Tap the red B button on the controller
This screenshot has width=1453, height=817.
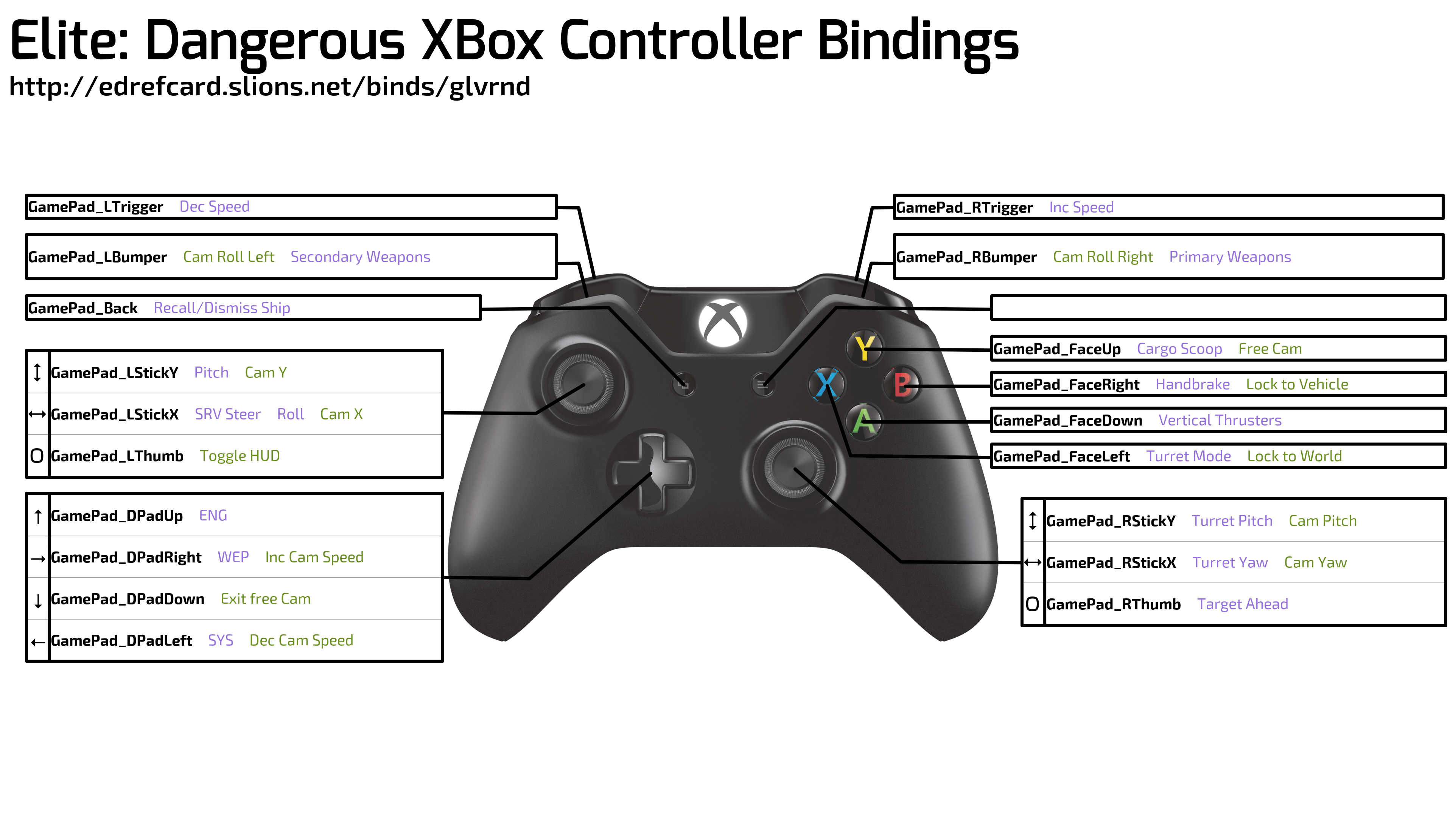pyautogui.click(x=902, y=385)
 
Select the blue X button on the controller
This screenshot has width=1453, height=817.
pyautogui.click(x=826, y=385)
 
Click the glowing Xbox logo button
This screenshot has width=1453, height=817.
pyautogui.click(x=723, y=323)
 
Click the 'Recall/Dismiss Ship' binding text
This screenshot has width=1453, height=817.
pyautogui.click(x=222, y=308)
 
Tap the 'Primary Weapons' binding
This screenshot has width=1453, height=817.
pyautogui.click(x=1230, y=257)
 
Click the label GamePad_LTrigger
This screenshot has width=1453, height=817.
pyautogui.click(x=95, y=207)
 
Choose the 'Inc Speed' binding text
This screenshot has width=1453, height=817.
pyautogui.click(x=1081, y=208)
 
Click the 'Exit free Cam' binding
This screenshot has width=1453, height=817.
pyautogui.click(x=266, y=599)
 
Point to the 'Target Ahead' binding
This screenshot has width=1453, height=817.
pyautogui.click(x=1243, y=604)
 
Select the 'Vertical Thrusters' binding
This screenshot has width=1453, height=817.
pyautogui.click(x=1220, y=420)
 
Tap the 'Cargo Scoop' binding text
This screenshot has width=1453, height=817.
pyautogui.click(x=1179, y=349)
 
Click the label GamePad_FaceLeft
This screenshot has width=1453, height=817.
pyautogui.click(x=1061, y=456)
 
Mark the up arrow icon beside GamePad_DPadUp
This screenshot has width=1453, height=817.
pyautogui.click(x=38, y=516)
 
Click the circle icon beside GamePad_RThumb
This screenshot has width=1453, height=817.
pyautogui.click(x=1032, y=604)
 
